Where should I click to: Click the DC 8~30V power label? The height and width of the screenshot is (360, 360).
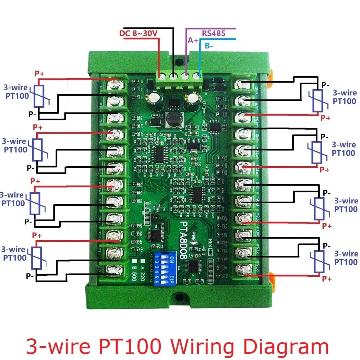click(x=138, y=34)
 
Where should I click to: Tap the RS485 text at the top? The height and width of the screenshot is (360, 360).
click(x=213, y=33)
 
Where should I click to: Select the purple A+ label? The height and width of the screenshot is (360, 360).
click(x=193, y=40)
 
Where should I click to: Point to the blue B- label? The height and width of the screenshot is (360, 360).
click(x=208, y=46)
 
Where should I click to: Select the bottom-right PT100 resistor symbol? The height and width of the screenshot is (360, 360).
click(x=319, y=262)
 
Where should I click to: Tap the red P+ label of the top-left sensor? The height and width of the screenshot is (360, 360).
click(x=39, y=73)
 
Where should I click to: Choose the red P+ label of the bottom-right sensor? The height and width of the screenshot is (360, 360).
click(x=326, y=279)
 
